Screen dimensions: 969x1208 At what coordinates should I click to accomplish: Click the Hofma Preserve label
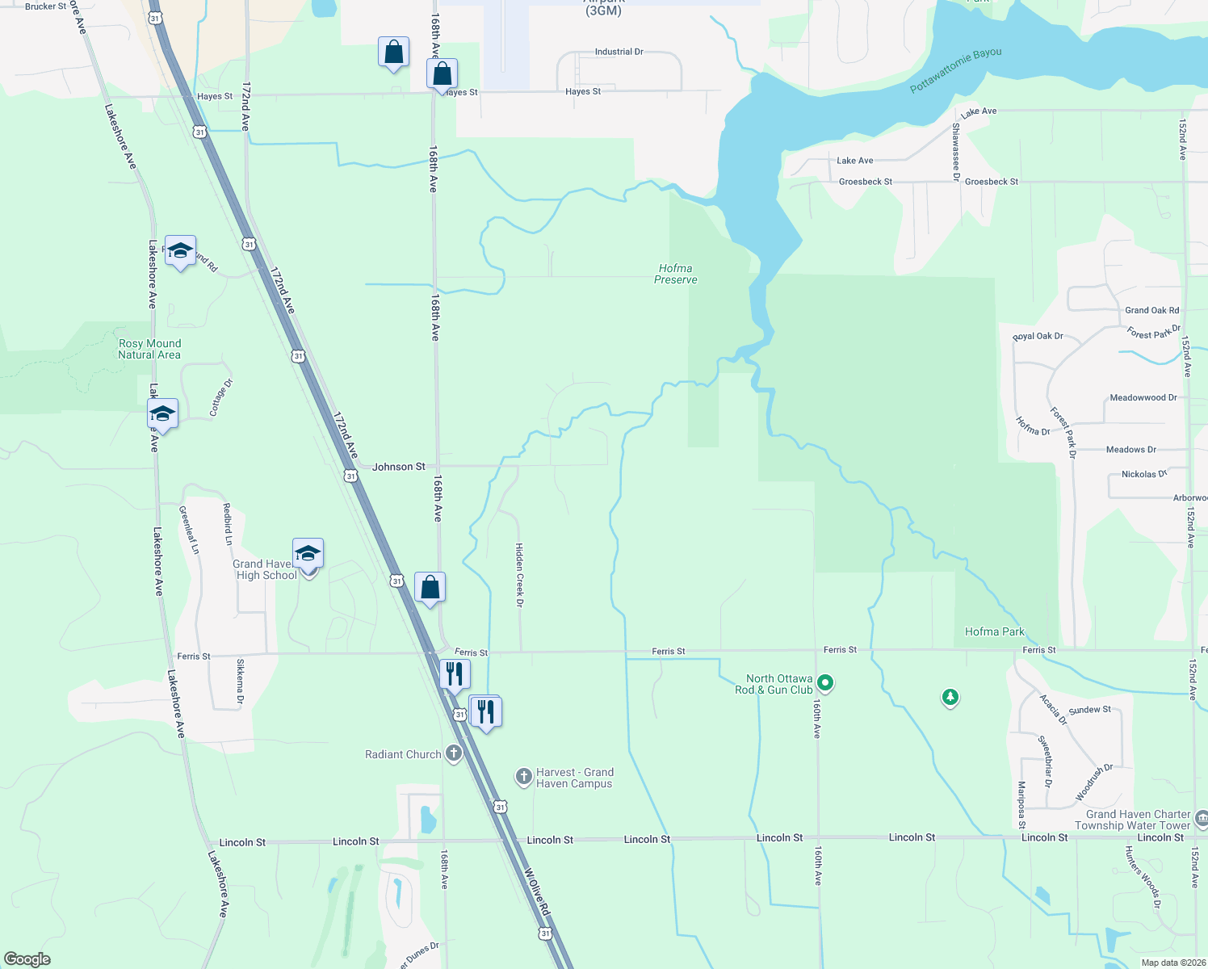[675, 275]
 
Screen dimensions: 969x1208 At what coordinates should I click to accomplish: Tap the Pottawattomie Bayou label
[955, 70]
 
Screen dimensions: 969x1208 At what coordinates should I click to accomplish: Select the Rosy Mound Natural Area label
[149, 349]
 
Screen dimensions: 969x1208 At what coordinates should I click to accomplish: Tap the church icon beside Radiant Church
[454, 754]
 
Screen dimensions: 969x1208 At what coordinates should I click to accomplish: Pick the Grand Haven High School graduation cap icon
[308, 554]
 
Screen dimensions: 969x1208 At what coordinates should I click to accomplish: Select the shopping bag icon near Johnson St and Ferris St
[430, 587]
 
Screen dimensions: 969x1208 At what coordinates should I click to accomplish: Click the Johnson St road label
[399, 467]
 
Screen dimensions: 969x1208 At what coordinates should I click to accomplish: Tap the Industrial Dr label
[619, 52]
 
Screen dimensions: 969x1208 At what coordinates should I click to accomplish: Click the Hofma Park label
[995, 631]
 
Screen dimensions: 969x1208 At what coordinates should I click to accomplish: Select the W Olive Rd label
[537, 892]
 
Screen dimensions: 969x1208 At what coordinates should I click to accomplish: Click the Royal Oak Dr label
[1038, 337]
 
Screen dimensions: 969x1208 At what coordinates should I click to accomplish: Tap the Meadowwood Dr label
[1143, 397]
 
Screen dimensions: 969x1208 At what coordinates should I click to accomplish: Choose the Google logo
[27, 959]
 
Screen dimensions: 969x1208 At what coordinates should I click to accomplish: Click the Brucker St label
[46, 6]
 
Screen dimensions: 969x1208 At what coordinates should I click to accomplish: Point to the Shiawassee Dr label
[956, 151]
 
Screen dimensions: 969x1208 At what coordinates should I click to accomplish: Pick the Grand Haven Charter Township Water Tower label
[1132, 820]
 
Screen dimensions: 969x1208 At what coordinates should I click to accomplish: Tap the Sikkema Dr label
[240, 682]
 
